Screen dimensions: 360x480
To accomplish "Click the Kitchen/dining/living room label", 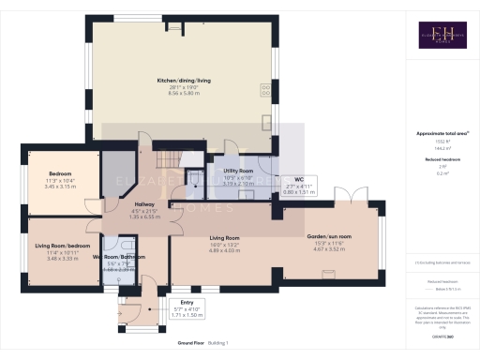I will [x=183, y=82].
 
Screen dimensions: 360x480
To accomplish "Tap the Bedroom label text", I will [x=61, y=172].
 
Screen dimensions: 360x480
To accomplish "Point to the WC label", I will [x=298, y=179].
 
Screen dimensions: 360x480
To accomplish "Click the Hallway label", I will [x=144, y=203].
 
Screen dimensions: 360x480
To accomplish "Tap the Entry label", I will [x=187, y=302].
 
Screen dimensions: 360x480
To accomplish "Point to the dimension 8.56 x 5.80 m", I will [x=183, y=95].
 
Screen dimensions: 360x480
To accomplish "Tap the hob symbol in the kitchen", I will [x=268, y=90].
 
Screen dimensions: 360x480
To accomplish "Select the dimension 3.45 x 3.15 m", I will [x=61, y=187].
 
